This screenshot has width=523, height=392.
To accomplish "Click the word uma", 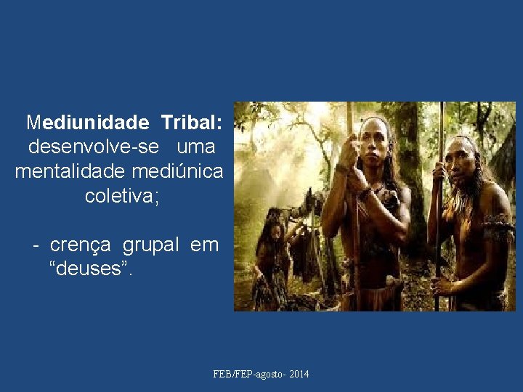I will (196, 147).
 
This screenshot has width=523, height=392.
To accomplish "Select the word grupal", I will (150, 245).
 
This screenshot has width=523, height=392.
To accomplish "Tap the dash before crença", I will (35, 245).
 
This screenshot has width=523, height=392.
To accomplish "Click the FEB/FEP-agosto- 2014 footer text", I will (261, 374).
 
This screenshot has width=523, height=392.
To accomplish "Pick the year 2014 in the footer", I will (299, 374).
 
